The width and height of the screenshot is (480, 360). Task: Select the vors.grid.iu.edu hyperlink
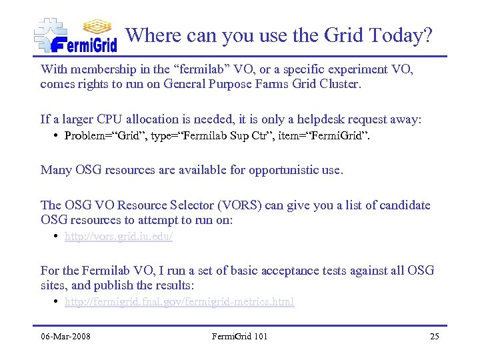(119, 237)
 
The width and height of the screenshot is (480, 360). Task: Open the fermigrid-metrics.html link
(179, 302)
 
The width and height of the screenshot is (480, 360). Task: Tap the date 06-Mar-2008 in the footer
(65, 336)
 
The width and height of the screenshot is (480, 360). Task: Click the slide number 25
(434, 336)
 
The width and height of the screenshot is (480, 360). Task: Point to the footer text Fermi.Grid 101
(239, 336)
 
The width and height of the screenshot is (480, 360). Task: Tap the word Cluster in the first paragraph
(339, 84)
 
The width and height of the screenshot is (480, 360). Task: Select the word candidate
(404, 205)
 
